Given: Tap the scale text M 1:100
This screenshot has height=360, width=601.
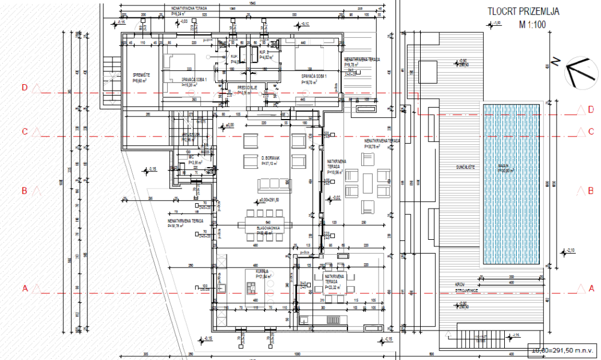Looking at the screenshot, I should point(531,25).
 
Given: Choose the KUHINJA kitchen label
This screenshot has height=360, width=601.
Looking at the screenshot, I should point(261,272).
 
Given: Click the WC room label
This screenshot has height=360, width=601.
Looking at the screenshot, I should point(191,157).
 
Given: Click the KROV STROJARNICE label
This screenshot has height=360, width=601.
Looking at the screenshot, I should point(462,288).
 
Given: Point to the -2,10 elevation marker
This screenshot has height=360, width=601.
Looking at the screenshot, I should point(570,250).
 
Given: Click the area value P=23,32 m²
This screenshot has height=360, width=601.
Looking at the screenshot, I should point(329,287).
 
